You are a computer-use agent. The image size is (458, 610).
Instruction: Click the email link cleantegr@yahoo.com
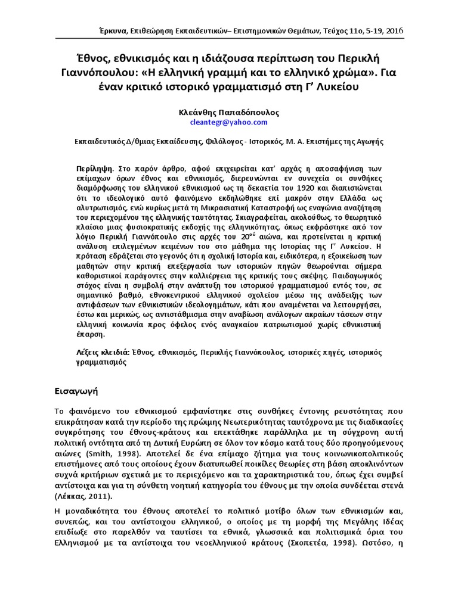coord(228,122)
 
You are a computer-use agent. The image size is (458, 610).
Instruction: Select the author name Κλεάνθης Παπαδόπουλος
coord(228,111)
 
